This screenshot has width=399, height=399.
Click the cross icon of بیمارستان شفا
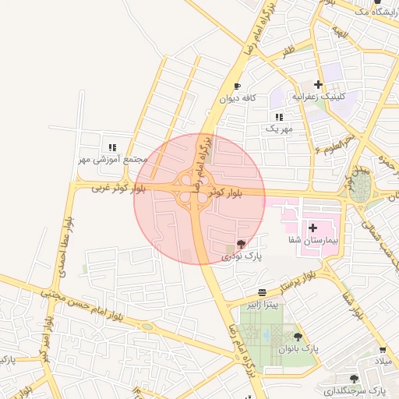point(313,228)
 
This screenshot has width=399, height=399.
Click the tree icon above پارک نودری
point(240,244)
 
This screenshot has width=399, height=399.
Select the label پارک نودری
point(243,255)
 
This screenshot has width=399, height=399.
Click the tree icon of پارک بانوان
point(298,336)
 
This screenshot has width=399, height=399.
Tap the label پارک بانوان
point(300,348)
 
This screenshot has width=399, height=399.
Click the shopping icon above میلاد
point(382,351)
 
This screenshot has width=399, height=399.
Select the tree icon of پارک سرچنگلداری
point(355,378)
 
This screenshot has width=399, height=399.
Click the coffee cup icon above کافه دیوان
point(238,87)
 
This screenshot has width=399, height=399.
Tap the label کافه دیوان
point(238,98)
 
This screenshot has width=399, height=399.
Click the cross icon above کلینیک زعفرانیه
point(318,84)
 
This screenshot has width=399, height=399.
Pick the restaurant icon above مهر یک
point(279,116)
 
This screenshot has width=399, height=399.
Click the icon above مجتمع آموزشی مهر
point(112,147)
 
